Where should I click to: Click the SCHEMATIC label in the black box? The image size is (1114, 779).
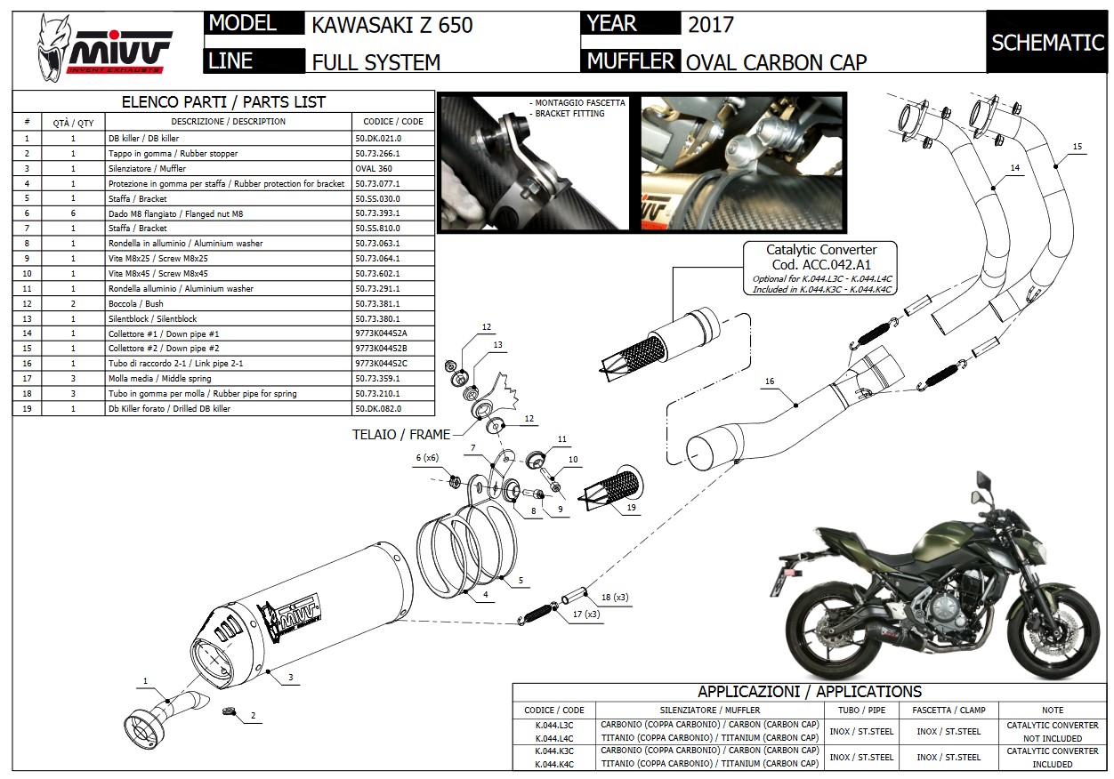(1047, 43)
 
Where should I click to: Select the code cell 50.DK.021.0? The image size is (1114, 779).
(377, 139)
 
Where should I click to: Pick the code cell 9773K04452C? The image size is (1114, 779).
(381, 364)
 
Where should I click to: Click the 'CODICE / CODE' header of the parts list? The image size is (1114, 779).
(393, 121)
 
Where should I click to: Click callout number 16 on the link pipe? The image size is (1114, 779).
(769, 382)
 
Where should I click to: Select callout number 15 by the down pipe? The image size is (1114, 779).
(1078, 146)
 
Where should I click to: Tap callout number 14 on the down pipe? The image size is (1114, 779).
(1014, 167)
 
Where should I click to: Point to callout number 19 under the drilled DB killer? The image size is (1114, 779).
(631, 507)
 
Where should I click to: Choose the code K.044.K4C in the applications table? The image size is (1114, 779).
(554, 764)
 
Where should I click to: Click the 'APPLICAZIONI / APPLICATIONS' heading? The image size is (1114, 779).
(809, 692)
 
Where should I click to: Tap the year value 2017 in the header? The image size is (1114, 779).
(710, 24)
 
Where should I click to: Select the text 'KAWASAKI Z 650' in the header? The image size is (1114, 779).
(392, 25)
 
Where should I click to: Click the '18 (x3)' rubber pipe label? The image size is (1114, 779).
(615, 596)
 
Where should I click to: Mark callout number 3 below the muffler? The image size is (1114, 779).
(290, 678)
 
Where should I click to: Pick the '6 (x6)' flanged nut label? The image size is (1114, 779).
(429, 457)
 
